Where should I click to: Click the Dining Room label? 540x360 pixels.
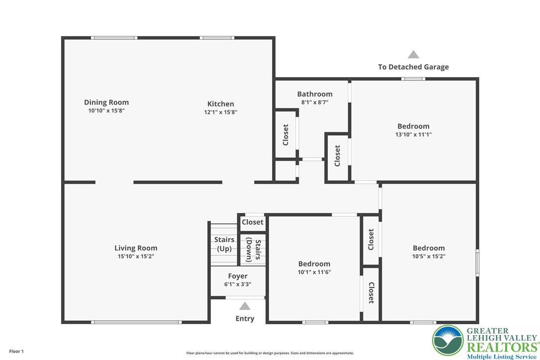pyautogui.click(x=106, y=102)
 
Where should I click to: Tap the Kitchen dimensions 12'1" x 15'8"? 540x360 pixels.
pyautogui.click(x=221, y=112)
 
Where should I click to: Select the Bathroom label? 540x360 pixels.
pyautogui.click(x=315, y=94)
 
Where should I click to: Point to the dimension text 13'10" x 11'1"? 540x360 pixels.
pyautogui.click(x=413, y=134)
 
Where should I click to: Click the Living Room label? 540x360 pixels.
pyautogui.click(x=136, y=248)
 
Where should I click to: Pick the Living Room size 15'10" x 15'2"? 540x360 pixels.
pyautogui.click(x=136, y=257)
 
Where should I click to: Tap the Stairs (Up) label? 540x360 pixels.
pyautogui.click(x=224, y=244)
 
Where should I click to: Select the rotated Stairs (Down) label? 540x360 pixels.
pyautogui.click(x=253, y=251)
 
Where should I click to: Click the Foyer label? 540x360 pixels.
pyautogui.click(x=238, y=276)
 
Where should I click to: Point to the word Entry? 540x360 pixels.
pyautogui.click(x=245, y=319)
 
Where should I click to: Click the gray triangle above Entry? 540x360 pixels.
pyautogui.click(x=245, y=306)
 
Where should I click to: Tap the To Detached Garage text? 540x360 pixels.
pyautogui.click(x=413, y=67)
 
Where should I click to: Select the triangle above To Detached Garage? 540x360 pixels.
pyautogui.click(x=413, y=55)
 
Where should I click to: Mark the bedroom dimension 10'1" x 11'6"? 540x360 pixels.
pyautogui.click(x=314, y=272)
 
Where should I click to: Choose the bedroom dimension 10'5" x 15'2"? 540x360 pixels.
pyautogui.click(x=429, y=257)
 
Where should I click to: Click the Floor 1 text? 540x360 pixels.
pyautogui.click(x=16, y=351)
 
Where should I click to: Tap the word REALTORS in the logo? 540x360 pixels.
pyautogui.click(x=501, y=347)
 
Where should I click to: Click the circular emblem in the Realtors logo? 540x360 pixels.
pyautogui.click(x=448, y=341)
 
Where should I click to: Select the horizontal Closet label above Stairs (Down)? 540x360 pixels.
pyautogui.click(x=253, y=222)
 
